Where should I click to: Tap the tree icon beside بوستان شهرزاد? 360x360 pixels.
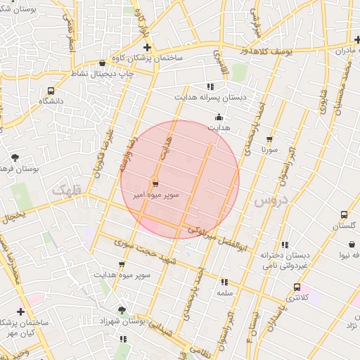point(122,309)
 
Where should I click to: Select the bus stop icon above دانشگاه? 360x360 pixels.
point(51,91)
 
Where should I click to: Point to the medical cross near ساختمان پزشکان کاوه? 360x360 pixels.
point(147,47)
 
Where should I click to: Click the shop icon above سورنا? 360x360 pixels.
point(269,139)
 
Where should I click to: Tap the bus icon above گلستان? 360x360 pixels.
point(344,214)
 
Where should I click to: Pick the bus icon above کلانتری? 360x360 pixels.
point(297,287)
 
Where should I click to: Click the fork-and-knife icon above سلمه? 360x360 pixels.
point(224,281)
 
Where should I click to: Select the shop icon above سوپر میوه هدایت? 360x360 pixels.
point(122,264)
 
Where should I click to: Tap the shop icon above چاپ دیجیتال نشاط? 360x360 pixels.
point(103,63)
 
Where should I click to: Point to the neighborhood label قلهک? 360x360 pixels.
point(67,189)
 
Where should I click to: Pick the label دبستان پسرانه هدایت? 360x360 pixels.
point(211,98)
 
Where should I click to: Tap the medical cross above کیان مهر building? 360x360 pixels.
point(20,311)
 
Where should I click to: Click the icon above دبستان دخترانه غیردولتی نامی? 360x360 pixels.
point(284,245)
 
